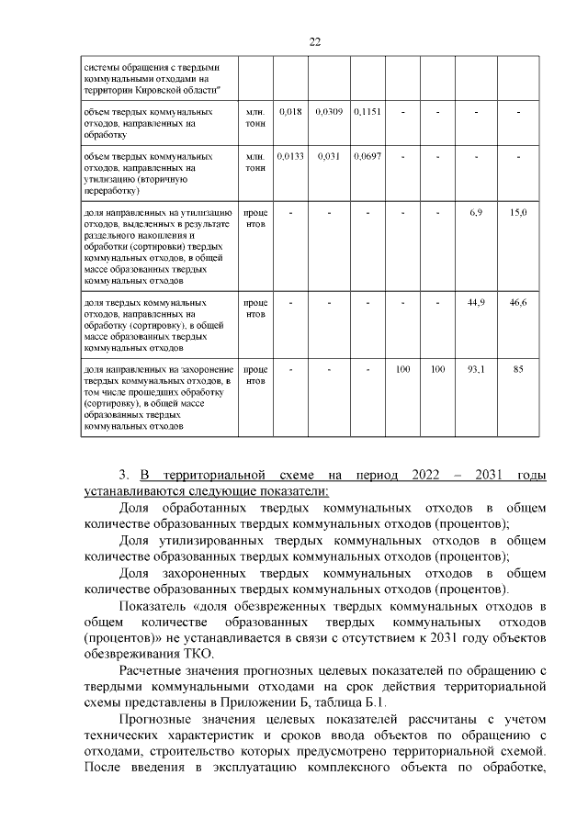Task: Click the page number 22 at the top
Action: tap(314, 42)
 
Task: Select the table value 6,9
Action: tap(476, 212)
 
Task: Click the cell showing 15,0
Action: tap(518, 212)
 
